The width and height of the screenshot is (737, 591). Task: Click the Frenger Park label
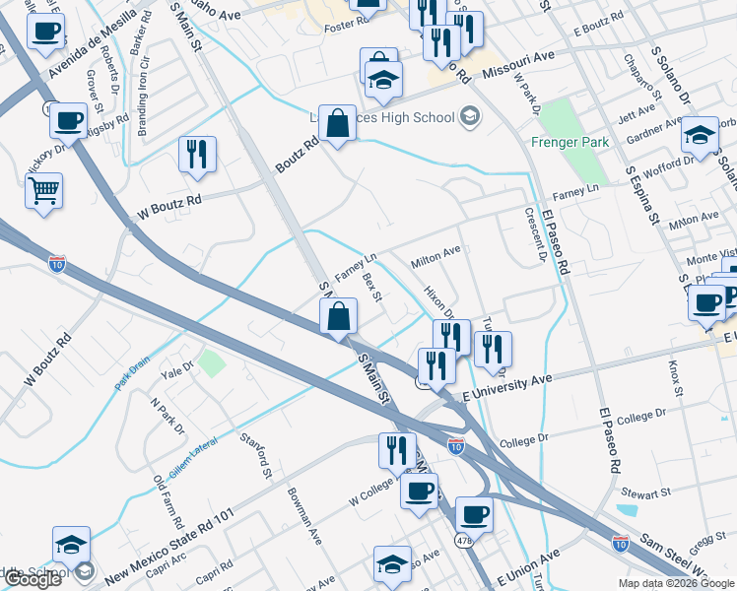click(569, 142)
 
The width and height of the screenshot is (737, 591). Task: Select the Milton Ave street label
click(435, 257)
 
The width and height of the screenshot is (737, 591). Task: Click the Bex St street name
click(371, 288)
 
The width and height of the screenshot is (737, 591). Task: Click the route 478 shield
click(462, 540)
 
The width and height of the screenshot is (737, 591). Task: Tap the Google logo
click(33, 579)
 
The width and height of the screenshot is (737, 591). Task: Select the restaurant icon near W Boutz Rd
click(197, 155)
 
